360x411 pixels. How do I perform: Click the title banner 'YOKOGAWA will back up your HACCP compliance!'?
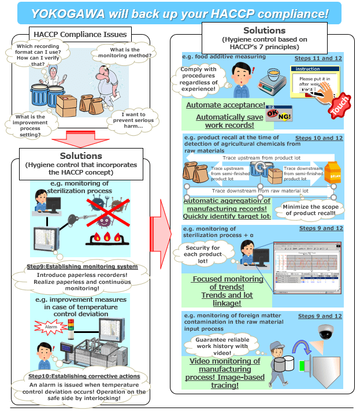click(x=180, y=12)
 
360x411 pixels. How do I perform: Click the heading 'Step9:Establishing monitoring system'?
click(x=83, y=266)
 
